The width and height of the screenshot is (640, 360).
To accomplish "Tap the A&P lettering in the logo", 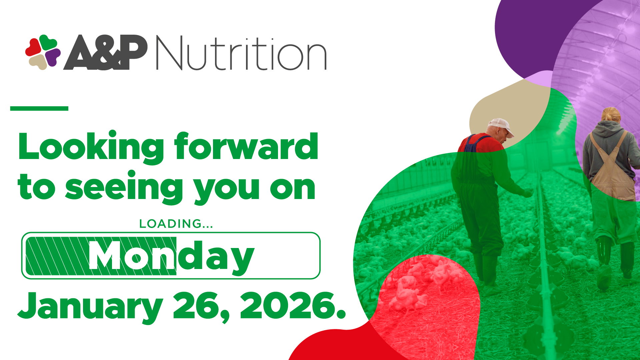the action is [105, 52].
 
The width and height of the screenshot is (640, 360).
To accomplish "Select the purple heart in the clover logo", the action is [52, 57].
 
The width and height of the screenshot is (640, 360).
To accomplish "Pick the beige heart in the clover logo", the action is [38, 62].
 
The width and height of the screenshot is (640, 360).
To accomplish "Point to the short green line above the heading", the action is [39, 108].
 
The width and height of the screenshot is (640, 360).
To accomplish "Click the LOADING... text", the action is [176, 224].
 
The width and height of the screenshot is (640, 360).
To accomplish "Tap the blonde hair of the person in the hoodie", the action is [611, 115].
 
